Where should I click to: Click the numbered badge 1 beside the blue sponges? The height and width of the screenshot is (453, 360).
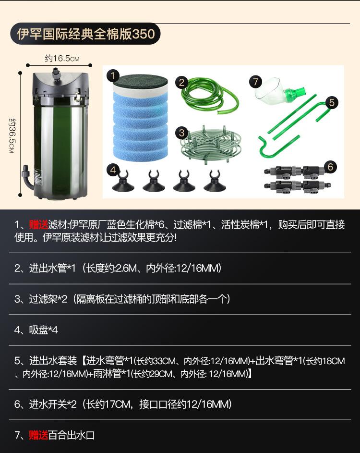coord(113,75)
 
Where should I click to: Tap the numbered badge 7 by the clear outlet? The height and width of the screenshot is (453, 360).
coord(255,82)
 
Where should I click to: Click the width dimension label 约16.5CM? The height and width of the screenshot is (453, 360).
coord(62,59)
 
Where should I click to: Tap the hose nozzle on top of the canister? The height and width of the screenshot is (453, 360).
coord(56,73)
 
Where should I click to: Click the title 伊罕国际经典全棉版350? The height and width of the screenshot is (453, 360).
coord(85,35)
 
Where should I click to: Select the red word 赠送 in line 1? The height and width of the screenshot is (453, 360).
coord(39,225)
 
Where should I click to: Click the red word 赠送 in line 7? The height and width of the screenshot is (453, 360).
coord(38,435)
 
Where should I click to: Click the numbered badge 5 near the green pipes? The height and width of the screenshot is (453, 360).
coord(332,102)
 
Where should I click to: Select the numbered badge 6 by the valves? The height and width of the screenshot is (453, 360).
coord(330,167)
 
